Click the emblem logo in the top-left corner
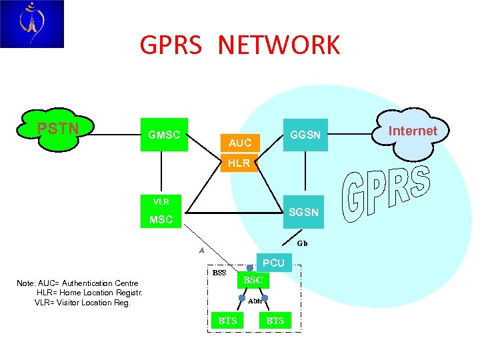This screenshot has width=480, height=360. coord(31,24)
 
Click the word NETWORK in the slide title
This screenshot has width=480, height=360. coord(278,45)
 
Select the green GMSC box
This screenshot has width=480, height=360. coord(164,135)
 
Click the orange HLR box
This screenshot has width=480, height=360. coord(239,163)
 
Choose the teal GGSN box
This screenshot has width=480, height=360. coord(305,135)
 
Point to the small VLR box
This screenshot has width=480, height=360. coord(161,201)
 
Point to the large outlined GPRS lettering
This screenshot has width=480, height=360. coord(387,194)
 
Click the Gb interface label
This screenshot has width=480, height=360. coord(302,243)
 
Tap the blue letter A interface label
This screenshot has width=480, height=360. coord(201,251)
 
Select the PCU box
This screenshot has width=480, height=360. coord(273,263)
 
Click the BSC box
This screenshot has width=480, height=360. coord(253,281)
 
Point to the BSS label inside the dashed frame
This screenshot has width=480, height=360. coord(219,273)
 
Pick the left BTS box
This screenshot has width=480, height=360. coord(227,321)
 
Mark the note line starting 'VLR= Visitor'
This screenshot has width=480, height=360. coord(82,303)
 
